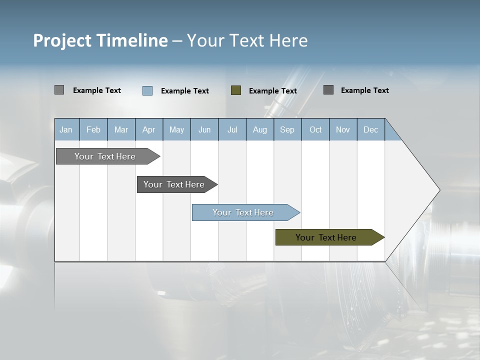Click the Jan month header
(66, 130)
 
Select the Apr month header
(149, 130)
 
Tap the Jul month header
(232, 130)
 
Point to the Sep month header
(287, 130)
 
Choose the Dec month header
(370, 130)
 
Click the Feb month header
(93, 130)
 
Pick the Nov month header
(343, 130)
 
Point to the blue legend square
(147, 90)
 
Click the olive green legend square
(236, 90)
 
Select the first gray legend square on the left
(59, 90)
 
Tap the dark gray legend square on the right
(328, 90)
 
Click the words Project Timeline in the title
(100, 40)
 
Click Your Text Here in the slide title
(247, 40)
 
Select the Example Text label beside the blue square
(185, 91)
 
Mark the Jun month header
(204, 130)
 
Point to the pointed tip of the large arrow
(439, 190)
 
